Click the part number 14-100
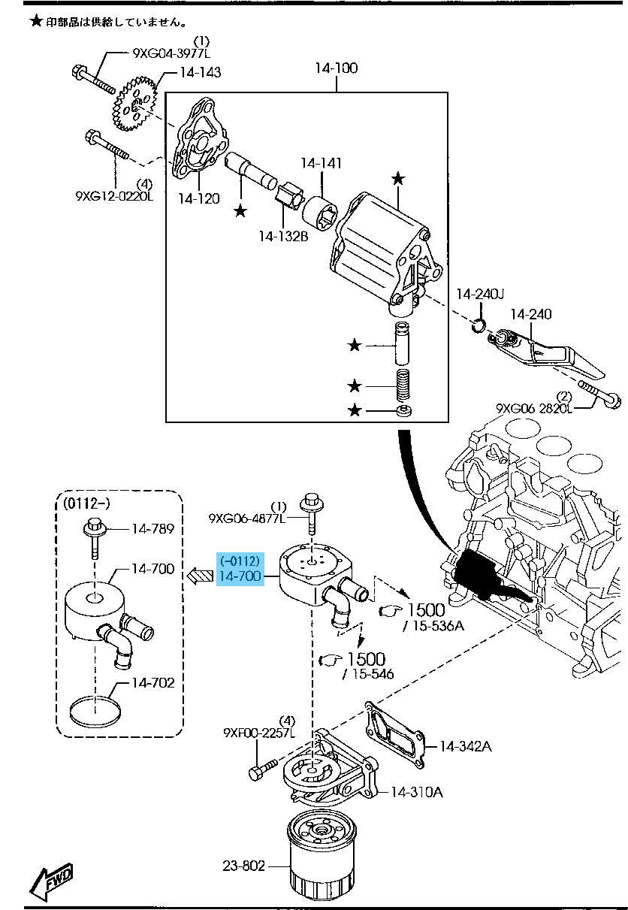pos(336,68)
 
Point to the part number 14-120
pos(199,198)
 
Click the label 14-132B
pos(283,236)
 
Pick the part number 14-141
pos(322,163)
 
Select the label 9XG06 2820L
pos(534,408)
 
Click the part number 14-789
pos(152,529)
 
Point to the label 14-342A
pos(465,746)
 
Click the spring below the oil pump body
pos(404,386)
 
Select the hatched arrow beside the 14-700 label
pos(200,576)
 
